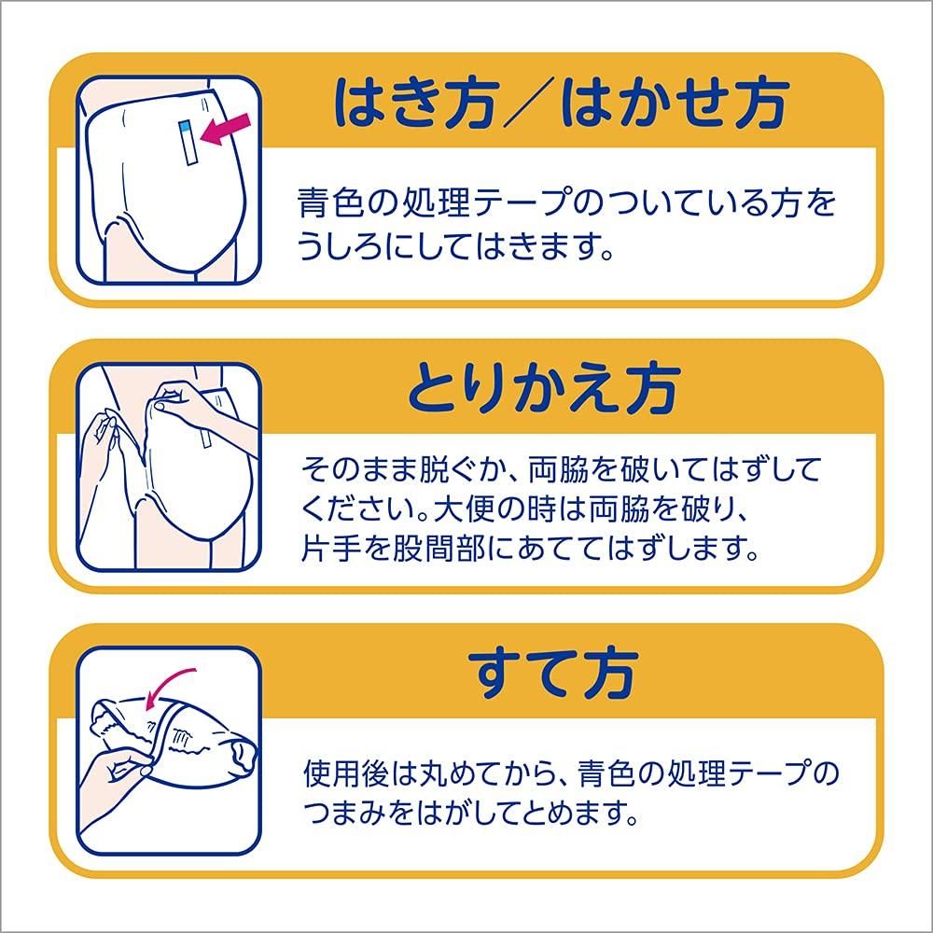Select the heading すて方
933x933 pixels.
coord(554,668)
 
